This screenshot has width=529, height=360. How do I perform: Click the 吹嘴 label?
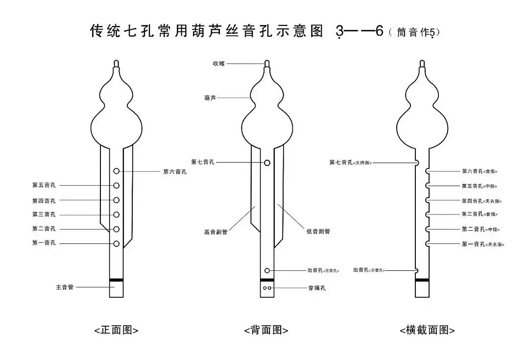click(218, 64)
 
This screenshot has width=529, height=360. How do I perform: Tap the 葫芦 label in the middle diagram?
click(210, 98)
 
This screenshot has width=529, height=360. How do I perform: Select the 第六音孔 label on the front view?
click(175, 171)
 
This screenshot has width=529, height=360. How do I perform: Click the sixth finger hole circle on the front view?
click(117, 171)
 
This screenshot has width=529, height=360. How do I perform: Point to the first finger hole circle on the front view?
click(117, 244)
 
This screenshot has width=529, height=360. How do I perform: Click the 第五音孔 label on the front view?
click(44, 185)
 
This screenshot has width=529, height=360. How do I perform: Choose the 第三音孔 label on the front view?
click(44, 215)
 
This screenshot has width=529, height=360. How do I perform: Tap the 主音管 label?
click(65, 288)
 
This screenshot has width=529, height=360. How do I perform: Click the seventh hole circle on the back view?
click(267, 162)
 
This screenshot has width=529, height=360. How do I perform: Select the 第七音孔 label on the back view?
click(203, 162)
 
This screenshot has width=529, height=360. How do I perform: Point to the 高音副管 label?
click(216, 232)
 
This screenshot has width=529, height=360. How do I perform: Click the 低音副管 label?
click(318, 232)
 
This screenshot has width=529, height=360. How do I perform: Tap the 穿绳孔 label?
click(317, 288)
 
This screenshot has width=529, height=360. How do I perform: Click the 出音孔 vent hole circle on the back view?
click(267, 270)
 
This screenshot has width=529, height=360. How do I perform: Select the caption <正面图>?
click(117, 330)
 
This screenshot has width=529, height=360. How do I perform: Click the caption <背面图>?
click(266, 330)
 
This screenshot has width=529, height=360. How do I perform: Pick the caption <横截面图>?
click(427, 330)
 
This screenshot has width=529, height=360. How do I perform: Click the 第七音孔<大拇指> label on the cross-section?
click(351, 163)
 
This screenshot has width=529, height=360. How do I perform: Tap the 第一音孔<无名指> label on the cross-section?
click(482, 244)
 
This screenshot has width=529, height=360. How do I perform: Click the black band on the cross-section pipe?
click(422, 280)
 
